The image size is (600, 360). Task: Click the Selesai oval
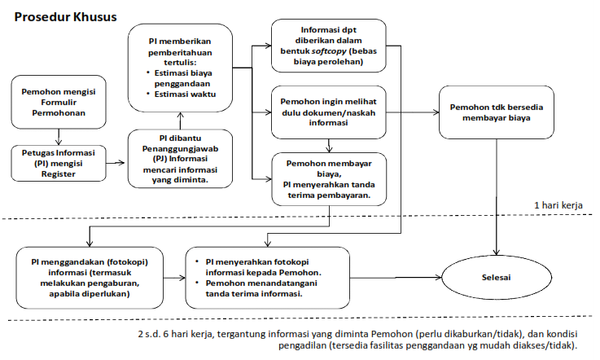pos(496,277)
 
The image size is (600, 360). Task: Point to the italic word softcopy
pos(337,51)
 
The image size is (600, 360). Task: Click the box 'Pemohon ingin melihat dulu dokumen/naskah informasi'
pos(329,112)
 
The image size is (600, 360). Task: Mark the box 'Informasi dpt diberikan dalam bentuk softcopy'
pos(329,46)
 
